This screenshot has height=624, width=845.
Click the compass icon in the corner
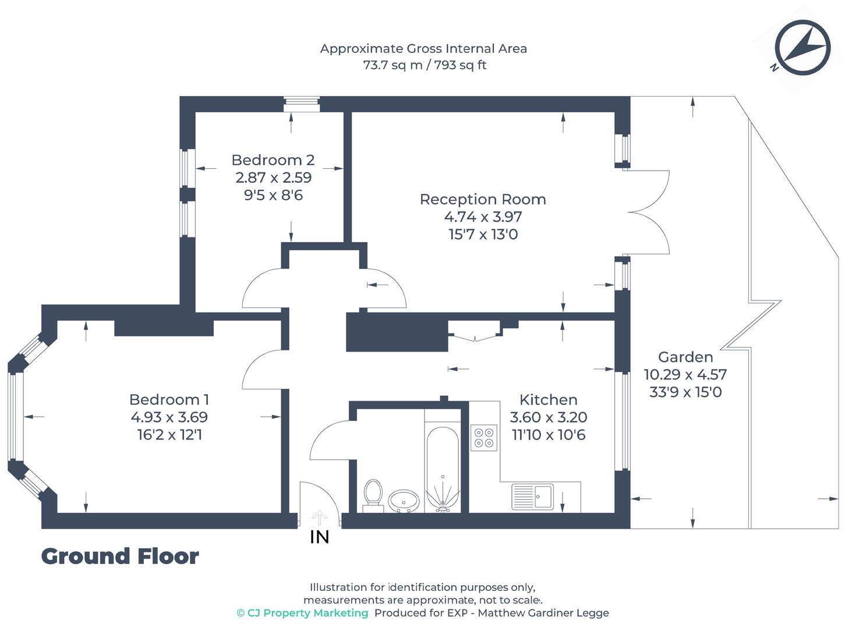[x=802, y=48]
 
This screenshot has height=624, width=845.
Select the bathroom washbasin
[x=403, y=500]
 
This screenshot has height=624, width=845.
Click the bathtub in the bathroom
[x=443, y=469]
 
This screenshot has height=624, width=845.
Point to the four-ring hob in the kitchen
[x=484, y=438]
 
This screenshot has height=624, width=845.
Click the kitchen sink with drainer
[x=532, y=497]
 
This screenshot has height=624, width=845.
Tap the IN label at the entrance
[x=319, y=537]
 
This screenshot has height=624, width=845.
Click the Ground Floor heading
[x=120, y=556]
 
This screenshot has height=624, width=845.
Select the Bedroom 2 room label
[x=273, y=160]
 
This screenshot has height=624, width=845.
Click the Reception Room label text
[x=483, y=199]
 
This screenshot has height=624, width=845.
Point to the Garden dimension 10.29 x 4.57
[x=685, y=374]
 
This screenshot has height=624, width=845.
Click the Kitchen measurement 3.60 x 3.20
[x=548, y=417]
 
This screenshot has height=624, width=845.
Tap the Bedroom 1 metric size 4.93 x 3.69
[x=169, y=417]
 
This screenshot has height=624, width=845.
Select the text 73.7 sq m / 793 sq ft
[x=424, y=65]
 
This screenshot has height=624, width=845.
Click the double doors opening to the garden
[x=648, y=212]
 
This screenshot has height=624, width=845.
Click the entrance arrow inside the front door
[x=319, y=517]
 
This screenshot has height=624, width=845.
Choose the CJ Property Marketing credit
[x=303, y=613]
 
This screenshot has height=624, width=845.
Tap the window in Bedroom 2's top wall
[x=302, y=104]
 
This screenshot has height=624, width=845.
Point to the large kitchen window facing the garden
[x=623, y=421]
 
